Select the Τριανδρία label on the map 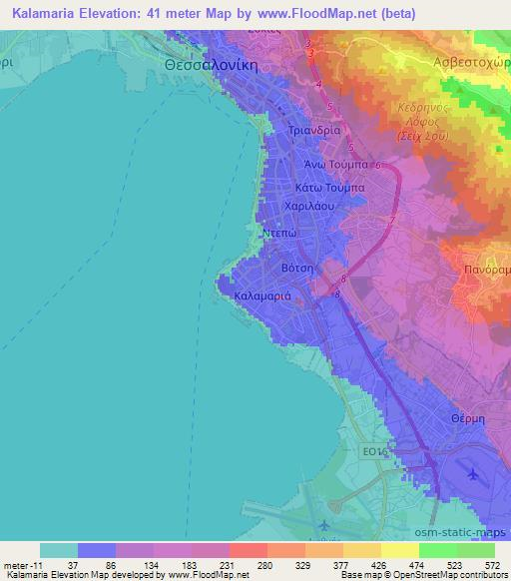point(314,131)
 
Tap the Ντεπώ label point(279,231)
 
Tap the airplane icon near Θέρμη point(472,476)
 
